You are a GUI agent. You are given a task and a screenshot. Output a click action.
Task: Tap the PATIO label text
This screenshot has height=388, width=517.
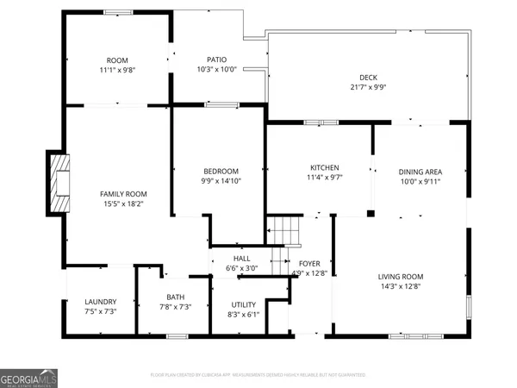[216, 59]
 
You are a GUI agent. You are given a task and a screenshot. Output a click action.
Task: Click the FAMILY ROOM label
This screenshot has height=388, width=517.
[123, 194]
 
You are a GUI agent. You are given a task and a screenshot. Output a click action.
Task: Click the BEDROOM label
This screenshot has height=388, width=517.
[221, 171]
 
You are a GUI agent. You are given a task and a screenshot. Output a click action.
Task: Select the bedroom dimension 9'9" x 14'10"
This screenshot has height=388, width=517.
[221, 181]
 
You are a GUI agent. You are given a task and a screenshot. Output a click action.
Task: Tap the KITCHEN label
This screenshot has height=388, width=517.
[325, 167]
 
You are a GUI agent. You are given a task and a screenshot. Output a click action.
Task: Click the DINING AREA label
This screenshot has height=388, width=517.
[422, 171]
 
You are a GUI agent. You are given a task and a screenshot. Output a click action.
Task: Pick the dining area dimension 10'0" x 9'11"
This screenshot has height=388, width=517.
[422, 181]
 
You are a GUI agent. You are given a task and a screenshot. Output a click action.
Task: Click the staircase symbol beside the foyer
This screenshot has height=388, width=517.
[281, 231]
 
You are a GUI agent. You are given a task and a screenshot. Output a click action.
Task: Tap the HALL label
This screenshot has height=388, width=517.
[241, 258]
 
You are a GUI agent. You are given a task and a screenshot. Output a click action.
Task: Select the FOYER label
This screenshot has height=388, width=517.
[309, 264]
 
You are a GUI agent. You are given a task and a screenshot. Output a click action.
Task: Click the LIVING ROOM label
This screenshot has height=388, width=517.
[401, 277]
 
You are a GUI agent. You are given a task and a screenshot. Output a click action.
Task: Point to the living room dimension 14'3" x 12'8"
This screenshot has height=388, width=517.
[401, 287]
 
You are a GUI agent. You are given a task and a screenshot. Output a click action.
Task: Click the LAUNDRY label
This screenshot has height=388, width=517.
[100, 302]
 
